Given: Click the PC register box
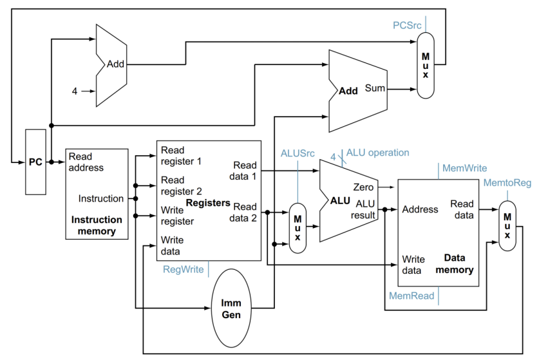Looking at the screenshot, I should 35,162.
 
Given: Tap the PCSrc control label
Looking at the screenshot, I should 407,25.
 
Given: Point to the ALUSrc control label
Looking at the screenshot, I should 298,153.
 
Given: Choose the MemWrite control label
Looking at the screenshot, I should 464,168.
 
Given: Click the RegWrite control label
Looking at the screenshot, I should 184,269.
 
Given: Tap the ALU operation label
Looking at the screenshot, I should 377,153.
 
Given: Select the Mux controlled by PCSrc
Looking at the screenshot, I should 425,65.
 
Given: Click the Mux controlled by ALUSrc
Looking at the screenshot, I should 298,227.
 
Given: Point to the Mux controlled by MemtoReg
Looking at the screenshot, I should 507,227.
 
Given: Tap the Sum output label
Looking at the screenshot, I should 375,88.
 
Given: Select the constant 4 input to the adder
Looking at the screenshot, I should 74,91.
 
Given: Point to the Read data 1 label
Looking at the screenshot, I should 245,171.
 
